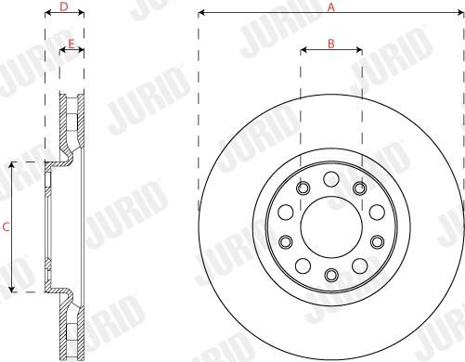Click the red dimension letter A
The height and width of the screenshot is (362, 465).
[331, 6]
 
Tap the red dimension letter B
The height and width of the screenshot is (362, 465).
[331, 44]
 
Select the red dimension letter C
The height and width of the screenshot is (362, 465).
[6, 227]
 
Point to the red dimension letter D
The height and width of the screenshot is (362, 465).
[64, 6]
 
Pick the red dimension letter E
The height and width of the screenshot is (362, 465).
[71, 44]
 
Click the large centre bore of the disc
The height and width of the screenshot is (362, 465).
[331, 226]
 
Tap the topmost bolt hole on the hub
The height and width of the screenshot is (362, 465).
[330, 179]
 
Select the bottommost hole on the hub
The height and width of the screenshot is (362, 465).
[331, 274]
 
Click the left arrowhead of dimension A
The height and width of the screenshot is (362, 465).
[201, 13]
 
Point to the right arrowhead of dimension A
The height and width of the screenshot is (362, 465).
[460, 13]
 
